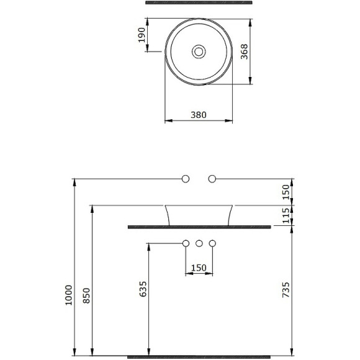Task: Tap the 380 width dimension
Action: [x=199, y=114]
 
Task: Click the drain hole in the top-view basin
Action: [x=199, y=51]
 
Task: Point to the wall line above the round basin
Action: [x=199, y=4]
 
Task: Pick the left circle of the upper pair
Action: [x=186, y=179]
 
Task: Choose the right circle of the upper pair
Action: [x=212, y=179]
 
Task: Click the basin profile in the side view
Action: [x=199, y=214]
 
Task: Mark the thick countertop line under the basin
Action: [x=199, y=227]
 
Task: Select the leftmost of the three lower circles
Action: [x=186, y=243]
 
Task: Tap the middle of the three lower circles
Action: [x=199, y=243]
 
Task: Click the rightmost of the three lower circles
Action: [x=212, y=243]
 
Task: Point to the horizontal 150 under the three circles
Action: [x=199, y=268]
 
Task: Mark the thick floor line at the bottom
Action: [x=199, y=358]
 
